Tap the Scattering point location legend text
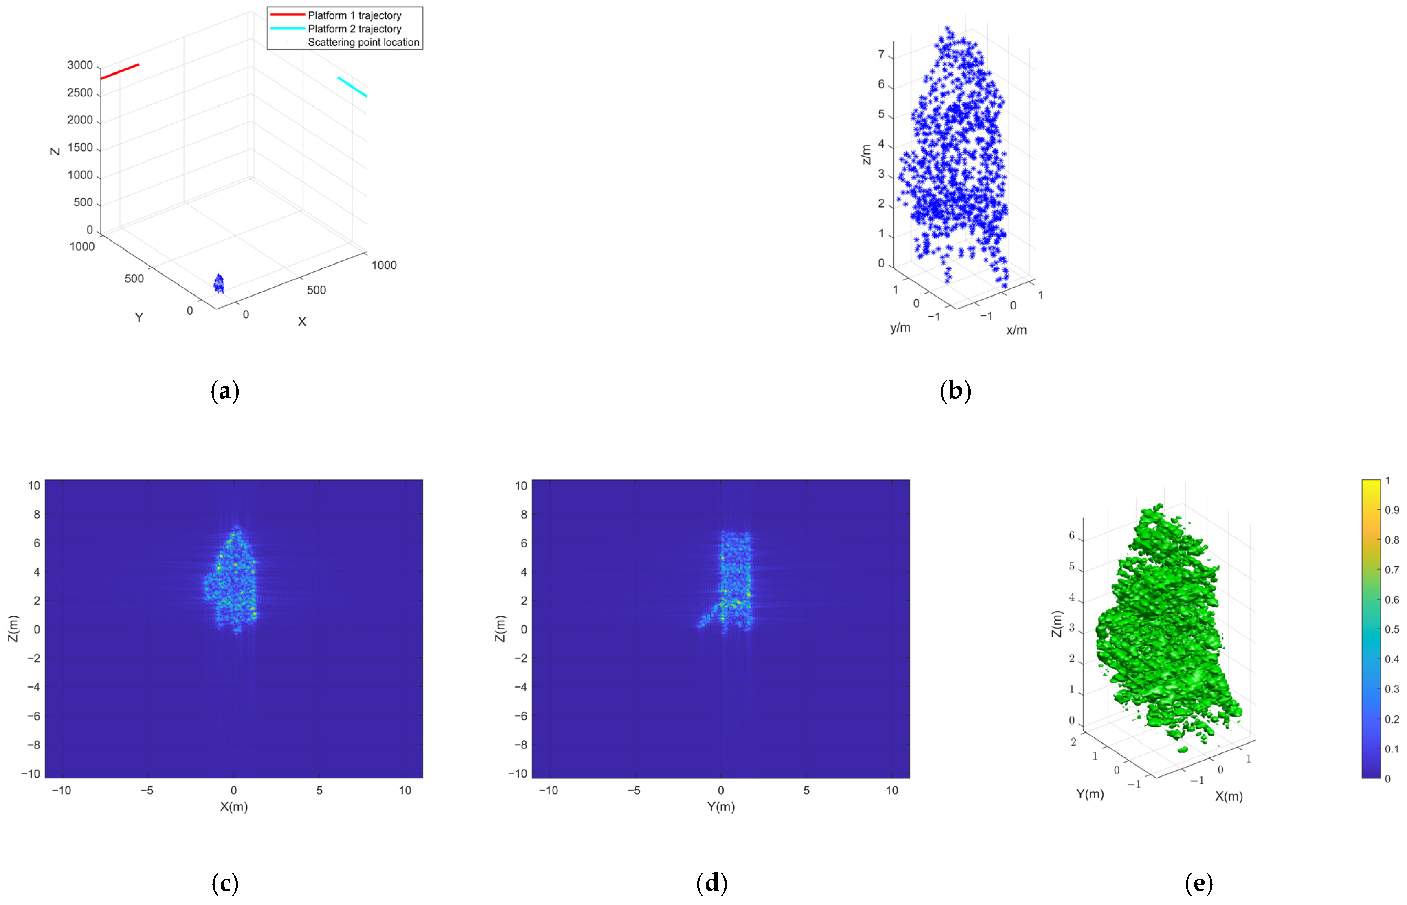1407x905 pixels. [363, 42]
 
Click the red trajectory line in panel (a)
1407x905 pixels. [120, 71]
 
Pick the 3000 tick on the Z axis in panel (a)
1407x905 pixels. [80, 65]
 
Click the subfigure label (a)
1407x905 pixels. [224, 391]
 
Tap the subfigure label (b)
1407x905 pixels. [955, 391]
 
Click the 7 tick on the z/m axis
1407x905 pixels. [881, 55]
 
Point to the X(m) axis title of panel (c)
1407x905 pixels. [234, 807]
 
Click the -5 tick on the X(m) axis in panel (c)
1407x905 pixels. [147, 790]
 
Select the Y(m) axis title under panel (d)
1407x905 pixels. [721, 807]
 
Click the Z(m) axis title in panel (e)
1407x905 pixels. [1057, 624]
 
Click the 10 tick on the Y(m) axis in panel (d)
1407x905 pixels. [891, 790]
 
